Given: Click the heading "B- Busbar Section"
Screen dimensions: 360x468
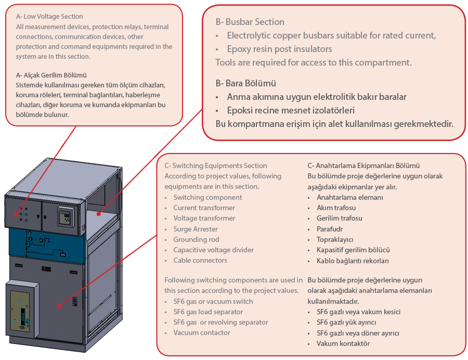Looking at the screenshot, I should click(x=250, y=22).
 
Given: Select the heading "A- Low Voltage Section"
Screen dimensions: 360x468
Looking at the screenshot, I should click(x=49, y=17).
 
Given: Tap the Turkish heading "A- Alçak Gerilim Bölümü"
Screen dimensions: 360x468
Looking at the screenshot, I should click(x=51, y=75).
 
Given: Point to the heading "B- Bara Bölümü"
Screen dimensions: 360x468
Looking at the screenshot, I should click(x=245, y=83).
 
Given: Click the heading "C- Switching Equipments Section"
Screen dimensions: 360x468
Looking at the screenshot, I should click(x=215, y=165).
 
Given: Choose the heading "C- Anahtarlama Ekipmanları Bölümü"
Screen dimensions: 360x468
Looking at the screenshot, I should click(x=363, y=165).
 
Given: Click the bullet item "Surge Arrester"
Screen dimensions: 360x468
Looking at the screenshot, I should click(x=196, y=229).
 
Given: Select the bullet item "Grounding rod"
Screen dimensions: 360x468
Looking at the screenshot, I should click(x=196, y=239).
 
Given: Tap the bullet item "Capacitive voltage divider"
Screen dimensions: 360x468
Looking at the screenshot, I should click(x=213, y=250).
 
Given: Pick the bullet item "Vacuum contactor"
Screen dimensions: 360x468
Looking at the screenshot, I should click(x=202, y=332).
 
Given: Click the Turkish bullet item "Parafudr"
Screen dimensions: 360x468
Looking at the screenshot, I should click(x=330, y=229).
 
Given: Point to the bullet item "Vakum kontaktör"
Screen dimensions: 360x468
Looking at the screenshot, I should click(x=343, y=343).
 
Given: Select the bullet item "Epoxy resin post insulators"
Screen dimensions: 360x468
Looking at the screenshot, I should click(x=279, y=49).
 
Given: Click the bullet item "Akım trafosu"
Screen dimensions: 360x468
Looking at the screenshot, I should click(x=336, y=208).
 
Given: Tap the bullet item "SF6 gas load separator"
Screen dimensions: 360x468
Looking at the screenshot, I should click(x=208, y=312).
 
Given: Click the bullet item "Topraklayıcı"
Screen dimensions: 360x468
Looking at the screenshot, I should click(x=335, y=239).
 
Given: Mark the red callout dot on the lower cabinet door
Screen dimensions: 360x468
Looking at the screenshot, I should click(x=59, y=306).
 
